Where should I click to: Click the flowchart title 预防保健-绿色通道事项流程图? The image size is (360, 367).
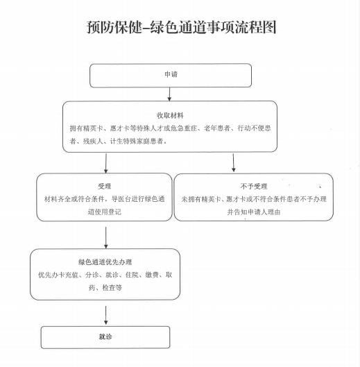(182, 27)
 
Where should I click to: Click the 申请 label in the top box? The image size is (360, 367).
(171, 74)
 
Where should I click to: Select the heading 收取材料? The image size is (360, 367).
(170, 115)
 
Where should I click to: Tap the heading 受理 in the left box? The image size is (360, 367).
(105, 186)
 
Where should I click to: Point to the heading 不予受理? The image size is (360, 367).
(254, 186)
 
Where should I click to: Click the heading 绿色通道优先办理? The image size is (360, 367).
(105, 262)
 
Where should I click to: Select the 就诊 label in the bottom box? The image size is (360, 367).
(105, 336)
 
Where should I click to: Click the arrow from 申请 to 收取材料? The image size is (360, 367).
(169, 94)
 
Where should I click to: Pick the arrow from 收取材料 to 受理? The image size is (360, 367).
(106, 163)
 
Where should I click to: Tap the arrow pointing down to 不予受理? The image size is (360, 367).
(233, 162)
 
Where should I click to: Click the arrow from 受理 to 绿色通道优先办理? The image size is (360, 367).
(106, 237)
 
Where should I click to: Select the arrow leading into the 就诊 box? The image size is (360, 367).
(106, 315)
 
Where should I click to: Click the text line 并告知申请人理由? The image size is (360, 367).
(254, 212)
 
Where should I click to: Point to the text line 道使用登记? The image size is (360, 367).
(105, 212)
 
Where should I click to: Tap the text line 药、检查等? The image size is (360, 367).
(105, 287)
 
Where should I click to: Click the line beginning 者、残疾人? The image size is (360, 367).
(118, 141)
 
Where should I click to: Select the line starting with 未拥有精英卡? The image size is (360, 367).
(254, 199)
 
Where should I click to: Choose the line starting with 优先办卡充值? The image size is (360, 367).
(105, 275)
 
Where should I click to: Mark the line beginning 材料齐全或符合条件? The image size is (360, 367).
(105, 199)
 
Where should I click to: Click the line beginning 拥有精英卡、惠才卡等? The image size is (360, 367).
(170, 128)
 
